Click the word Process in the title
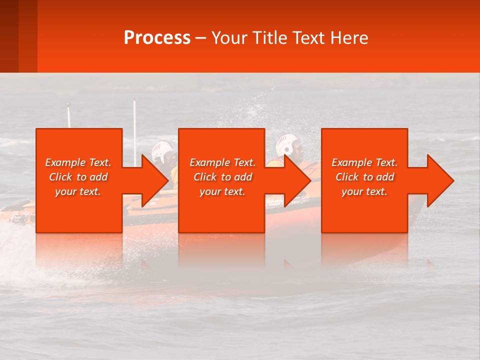pyautogui.click(x=157, y=38)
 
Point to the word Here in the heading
pyautogui.click(x=348, y=38)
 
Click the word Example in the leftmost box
pyautogui.click(x=65, y=162)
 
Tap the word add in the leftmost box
pyautogui.click(x=98, y=177)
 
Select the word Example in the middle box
pyautogui.click(x=209, y=162)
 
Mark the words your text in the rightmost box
pyautogui.click(x=364, y=191)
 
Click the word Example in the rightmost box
pyautogui.click(x=351, y=162)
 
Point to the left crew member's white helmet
pyautogui.click(x=162, y=151)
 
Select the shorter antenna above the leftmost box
pyautogui.click(x=69, y=115)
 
